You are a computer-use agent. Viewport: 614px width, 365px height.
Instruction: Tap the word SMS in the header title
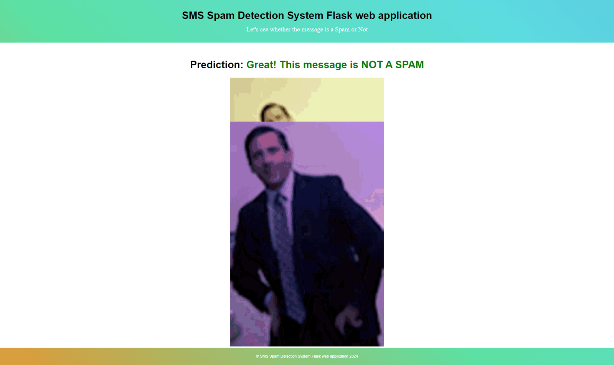[193, 15]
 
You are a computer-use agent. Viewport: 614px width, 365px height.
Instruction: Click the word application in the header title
[405, 16]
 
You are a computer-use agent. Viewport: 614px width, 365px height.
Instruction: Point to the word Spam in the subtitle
[342, 30]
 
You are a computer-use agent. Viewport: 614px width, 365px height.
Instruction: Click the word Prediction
[216, 65]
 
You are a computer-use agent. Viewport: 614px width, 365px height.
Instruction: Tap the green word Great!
[261, 65]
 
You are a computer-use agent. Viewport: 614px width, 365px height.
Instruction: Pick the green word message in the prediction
[325, 65]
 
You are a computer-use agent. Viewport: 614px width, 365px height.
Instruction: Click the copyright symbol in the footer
[257, 356]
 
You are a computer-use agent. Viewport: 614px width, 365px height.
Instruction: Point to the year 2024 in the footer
[353, 356]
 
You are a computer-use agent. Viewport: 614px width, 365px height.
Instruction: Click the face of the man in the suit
[270, 162]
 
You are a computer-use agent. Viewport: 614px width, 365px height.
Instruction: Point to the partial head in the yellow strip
[275, 112]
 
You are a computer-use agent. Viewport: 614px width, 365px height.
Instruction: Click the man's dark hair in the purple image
[263, 136]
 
